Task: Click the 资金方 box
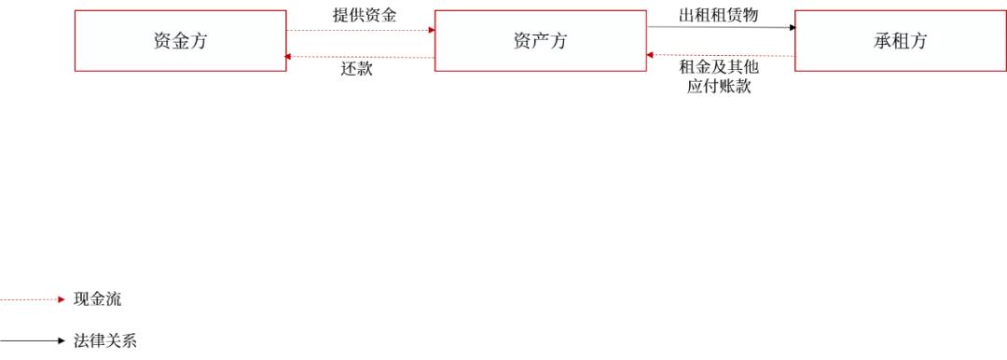[x=180, y=41]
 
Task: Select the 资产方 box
[x=540, y=41]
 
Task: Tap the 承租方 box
[x=900, y=41]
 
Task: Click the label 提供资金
[x=365, y=16]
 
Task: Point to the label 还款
[x=357, y=70]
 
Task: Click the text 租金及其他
[x=719, y=68]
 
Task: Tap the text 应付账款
[x=719, y=87]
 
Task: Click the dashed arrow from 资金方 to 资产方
[x=360, y=30]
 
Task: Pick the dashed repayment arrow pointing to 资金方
[x=360, y=57]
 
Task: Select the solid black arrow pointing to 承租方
[x=721, y=27]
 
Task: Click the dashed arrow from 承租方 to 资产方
[x=721, y=56]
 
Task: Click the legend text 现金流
[x=97, y=299]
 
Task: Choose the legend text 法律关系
[x=104, y=340]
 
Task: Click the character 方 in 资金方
[x=199, y=41]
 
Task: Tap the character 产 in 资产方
[x=540, y=41]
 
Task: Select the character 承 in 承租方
[x=881, y=41]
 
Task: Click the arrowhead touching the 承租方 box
[x=792, y=28]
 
